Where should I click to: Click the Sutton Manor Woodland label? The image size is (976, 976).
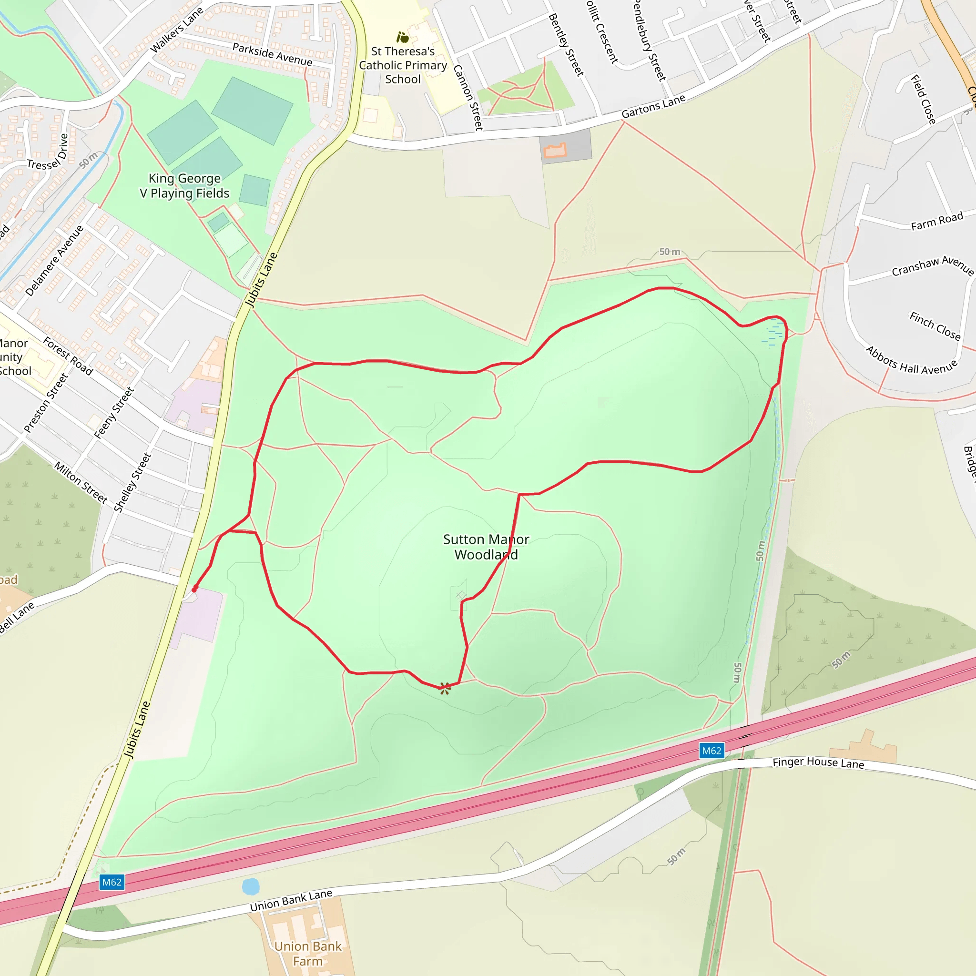click(486, 547)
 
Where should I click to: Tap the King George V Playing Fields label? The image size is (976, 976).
click(184, 186)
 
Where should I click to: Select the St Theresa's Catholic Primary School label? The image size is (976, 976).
click(403, 65)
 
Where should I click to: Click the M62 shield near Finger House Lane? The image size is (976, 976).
click(712, 751)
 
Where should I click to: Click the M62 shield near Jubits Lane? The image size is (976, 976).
click(112, 882)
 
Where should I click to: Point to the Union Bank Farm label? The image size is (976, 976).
click(308, 953)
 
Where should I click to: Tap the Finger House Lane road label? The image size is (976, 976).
click(818, 763)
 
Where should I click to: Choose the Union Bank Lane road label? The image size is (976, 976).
click(291, 900)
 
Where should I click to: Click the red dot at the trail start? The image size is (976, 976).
click(194, 589)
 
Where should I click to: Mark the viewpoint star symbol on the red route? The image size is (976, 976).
click(445, 688)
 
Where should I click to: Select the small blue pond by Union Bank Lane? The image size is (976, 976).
click(251, 886)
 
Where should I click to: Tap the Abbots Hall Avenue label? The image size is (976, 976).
click(911, 361)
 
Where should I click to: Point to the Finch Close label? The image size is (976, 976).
click(935, 326)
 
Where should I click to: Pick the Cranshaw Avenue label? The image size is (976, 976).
click(932, 266)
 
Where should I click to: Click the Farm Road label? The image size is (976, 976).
click(936, 222)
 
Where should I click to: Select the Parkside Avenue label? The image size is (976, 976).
click(272, 54)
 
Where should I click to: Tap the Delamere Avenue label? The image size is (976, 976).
click(54, 261)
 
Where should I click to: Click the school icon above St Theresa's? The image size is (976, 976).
click(403, 37)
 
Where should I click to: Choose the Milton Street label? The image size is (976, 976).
click(81, 482)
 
